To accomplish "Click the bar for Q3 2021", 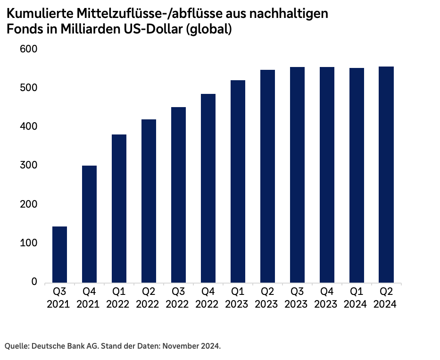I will pos(59,254).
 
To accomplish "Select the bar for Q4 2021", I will pos(89,224).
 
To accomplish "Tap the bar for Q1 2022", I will pos(119,209).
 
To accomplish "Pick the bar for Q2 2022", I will pos(149,201).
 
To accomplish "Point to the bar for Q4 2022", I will pos(208,188).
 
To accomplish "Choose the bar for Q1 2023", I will pos(238,182).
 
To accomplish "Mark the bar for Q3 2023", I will pos(297,175).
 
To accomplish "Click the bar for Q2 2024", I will pos(386,175).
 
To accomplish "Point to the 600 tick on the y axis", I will pos(28,50).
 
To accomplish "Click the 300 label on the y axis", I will pos(28,166).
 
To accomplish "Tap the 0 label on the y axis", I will pos(34,282).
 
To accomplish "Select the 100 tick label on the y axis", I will pos(28,243).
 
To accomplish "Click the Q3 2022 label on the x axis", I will pos(178,298).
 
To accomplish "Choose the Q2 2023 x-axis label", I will pos(267,298).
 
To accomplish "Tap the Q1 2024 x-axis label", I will pos(357,298).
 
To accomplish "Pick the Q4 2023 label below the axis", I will pos(327,298).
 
